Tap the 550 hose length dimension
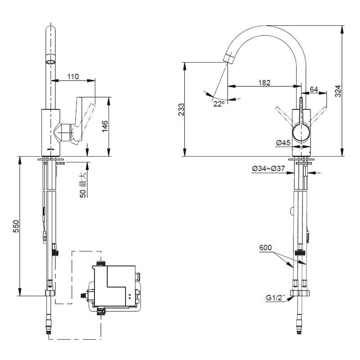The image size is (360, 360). point(15,226)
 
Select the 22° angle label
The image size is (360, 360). point(219,103)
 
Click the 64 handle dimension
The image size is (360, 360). point(314,89)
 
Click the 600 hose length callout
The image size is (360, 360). point(266,247)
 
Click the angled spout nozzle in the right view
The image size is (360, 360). point(229,57)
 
